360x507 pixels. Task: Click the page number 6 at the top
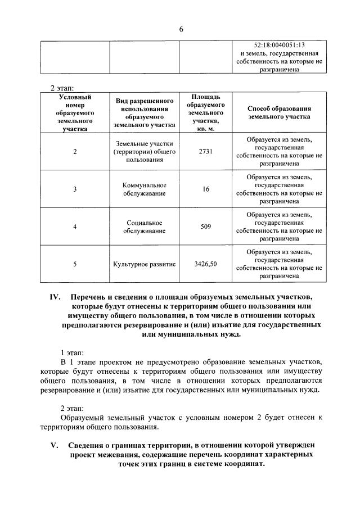click(181, 29)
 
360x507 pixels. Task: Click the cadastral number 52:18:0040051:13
click(279, 44)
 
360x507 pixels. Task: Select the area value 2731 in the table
click(205, 151)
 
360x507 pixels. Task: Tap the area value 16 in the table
click(205, 189)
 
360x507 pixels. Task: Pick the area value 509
click(205, 227)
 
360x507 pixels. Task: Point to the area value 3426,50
click(205, 264)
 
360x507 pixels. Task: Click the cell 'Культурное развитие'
click(144, 264)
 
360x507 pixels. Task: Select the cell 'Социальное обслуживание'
click(144, 227)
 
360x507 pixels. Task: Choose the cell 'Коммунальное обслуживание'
click(144, 189)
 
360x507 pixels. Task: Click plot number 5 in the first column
click(75, 264)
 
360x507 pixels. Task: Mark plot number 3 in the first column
click(75, 189)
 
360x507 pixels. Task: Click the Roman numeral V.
click(55, 446)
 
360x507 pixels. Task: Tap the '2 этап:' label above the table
click(62, 88)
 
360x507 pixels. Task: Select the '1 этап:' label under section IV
click(72, 353)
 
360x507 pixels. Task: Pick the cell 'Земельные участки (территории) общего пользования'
click(144, 151)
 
